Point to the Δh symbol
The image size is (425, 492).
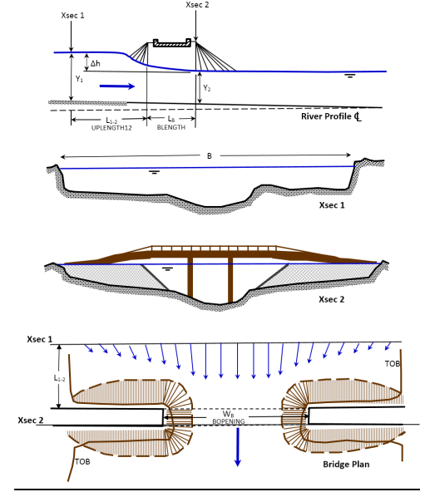(x=95, y=63)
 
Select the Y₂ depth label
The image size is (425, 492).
(x=206, y=86)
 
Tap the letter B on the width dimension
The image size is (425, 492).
(x=209, y=154)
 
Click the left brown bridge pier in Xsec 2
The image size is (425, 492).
(x=191, y=283)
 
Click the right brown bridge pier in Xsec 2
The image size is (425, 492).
(x=230, y=283)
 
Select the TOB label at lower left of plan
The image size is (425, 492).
(x=82, y=460)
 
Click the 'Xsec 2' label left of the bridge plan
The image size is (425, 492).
(x=32, y=421)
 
